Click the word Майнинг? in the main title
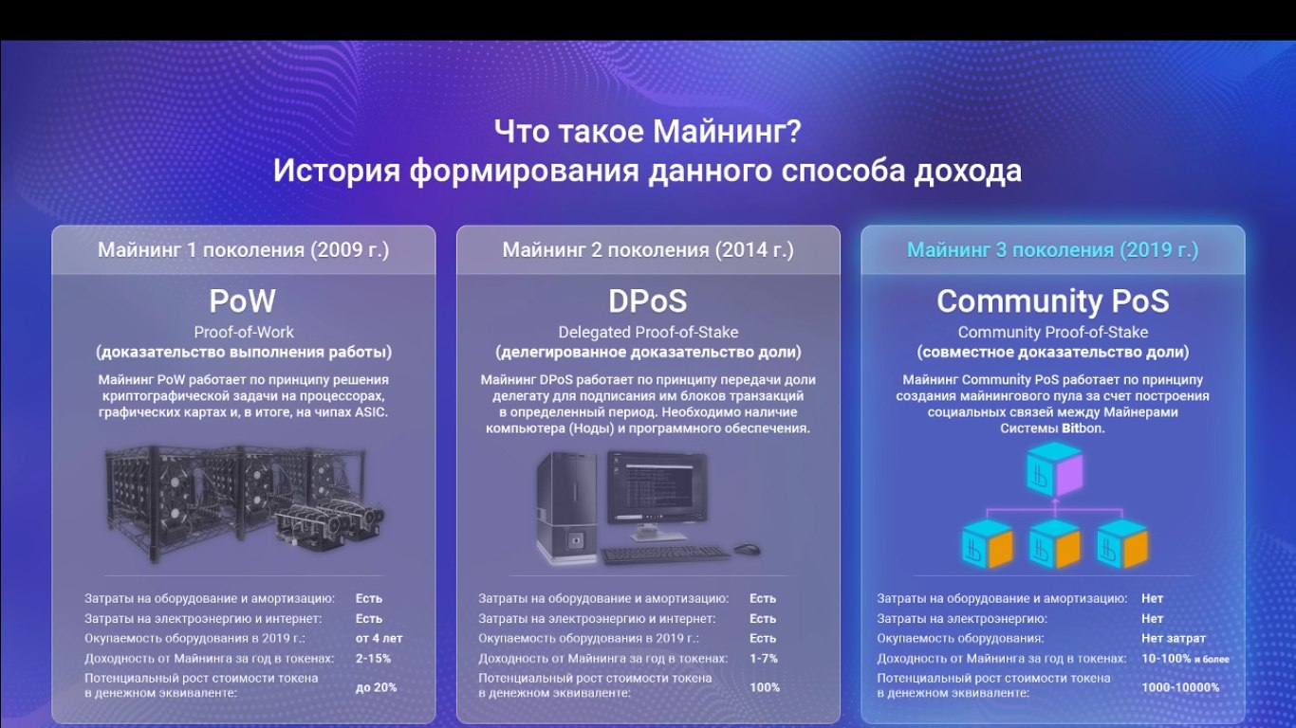pyautogui.click(x=728, y=133)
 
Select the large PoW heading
pyautogui.click(x=243, y=301)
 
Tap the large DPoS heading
pyautogui.click(x=647, y=301)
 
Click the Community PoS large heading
pyautogui.click(x=1053, y=301)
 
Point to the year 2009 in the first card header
pyautogui.click(x=333, y=250)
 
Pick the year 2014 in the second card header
pyautogui.click(x=737, y=250)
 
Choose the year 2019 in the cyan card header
pyautogui.click(x=1142, y=250)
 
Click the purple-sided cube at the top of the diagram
pyautogui.click(x=1055, y=469)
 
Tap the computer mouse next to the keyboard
pyautogui.click(x=747, y=549)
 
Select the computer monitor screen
pyautogui.click(x=657, y=487)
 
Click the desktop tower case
pyautogui.click(x=566, y=508)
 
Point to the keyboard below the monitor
pyautogui.click(x=665, y=554)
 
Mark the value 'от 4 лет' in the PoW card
pyautogui.click(x=379, y=638)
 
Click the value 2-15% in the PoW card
pyautogui.click(x=373, y=659)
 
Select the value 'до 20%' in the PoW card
pyautogui.click(x=376, y=687)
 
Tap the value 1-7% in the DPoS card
pyautogui.click(x=764, y=659)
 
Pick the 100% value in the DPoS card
pyautogui.click(x=765, y=687)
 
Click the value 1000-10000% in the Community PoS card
pyautogui.click(x=1180, y=687)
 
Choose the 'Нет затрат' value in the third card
pyautogui.click(x=1174, y=638)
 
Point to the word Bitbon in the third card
pyautogui.click(x=1083, y=428)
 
